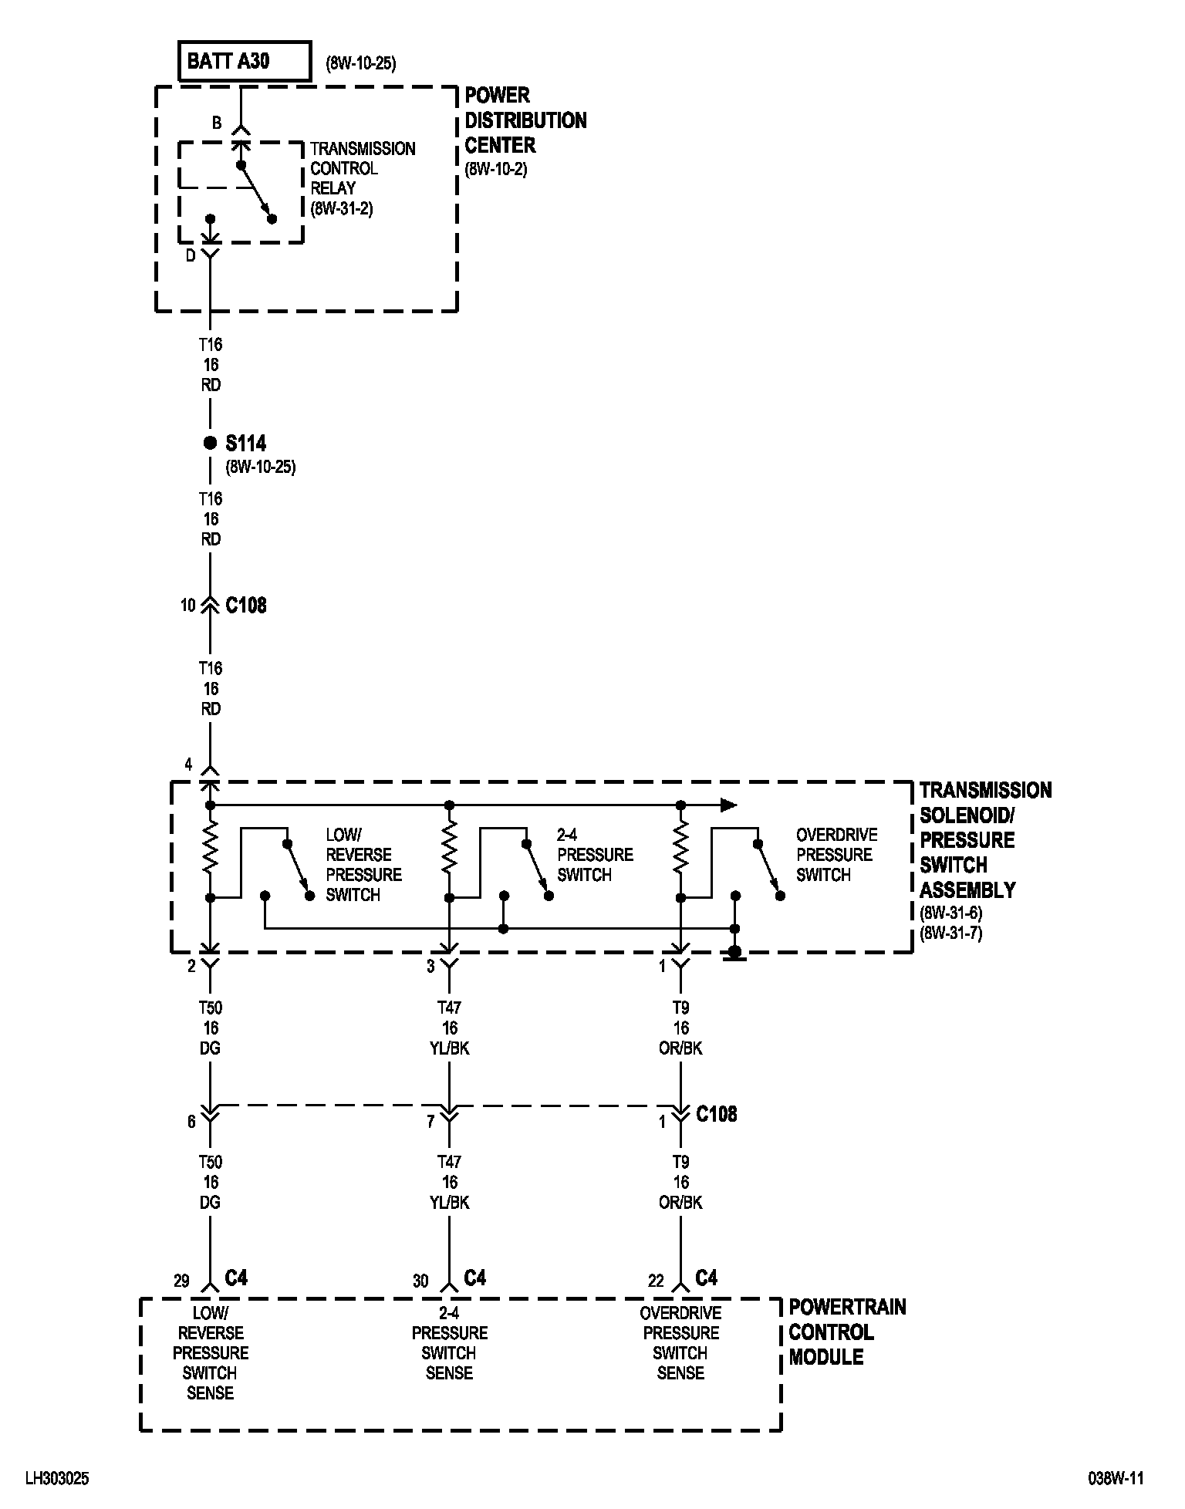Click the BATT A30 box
[245, 61]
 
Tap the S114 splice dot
[209, 443]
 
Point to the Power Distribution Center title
[525, 120]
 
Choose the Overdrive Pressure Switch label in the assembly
[836, 855]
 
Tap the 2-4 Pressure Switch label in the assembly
[595, 855]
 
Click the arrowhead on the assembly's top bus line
[728, 805]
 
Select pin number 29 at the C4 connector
[181, 1281]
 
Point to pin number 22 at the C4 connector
[656, 1281]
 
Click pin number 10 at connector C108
[188, 606]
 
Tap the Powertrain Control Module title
[846, 1332]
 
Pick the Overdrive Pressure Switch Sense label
[680, 1343]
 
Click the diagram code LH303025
[58, 1479]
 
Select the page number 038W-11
[1115, 1479]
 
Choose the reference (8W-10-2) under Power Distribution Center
[496, 169]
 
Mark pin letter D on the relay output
[191, 257]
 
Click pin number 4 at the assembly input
[188, 765]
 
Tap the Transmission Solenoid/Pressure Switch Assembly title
[985, 839]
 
